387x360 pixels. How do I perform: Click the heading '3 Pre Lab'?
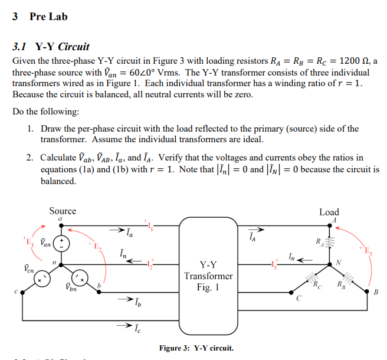click(x=40, y=17)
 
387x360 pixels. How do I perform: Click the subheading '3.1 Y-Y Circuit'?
click(x=51, y=47)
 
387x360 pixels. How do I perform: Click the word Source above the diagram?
click(x=63, y=211)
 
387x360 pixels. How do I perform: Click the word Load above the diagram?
click(x=329, y=212)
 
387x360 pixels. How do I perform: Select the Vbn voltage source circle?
click(x=79, y=277)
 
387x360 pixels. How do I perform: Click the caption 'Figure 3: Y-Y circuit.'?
click(x=196, y=348)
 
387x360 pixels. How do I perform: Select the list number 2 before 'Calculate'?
click(x=29, y=158)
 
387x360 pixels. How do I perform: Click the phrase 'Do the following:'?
click(x=46, y=112)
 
